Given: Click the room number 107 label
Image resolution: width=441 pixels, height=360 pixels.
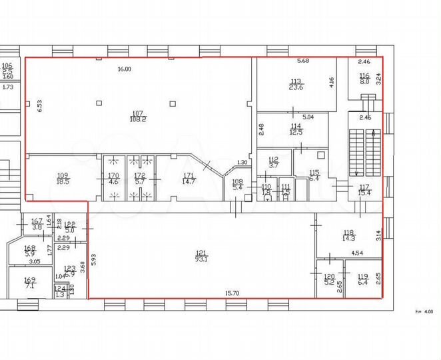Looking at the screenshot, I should (x=138, y=113).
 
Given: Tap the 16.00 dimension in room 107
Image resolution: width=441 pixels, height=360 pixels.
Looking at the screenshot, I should (x=124, y=69).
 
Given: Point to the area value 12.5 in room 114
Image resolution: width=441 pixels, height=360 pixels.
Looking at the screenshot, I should (x=296, y=132).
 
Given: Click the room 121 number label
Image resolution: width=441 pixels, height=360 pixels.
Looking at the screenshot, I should (x=200, y=253).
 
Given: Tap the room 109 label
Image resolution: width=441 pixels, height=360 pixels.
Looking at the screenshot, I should (x=63, y=176).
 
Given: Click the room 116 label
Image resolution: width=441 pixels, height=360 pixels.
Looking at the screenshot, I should (x=364, y=75).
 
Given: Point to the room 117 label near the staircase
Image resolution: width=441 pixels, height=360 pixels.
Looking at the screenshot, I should (x=364, y=187).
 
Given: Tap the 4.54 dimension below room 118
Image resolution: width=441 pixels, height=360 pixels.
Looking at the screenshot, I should (x=356, y=253).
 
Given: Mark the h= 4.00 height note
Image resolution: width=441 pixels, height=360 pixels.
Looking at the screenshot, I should (x=423, y=311).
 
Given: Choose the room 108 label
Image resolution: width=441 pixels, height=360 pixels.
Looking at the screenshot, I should (x=238, y=181).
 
